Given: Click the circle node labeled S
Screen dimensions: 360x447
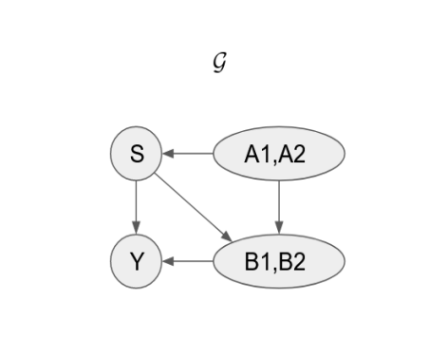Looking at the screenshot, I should coord(138,153).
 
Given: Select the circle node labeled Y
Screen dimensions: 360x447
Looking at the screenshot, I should coord(138,258).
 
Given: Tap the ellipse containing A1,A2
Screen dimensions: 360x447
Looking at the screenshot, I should coord(277,153).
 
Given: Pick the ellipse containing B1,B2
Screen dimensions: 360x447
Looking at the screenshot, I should coord(277,258).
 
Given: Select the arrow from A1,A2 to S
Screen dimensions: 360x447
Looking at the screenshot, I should coord(190,153).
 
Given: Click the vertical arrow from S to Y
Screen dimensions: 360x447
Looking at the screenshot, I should coord(138,205).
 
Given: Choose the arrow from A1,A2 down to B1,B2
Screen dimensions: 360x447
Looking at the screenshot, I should coord(277,205).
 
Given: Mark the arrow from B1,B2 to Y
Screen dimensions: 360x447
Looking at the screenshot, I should coord(190,258).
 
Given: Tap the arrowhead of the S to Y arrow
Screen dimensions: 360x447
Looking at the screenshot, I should coord(138,228).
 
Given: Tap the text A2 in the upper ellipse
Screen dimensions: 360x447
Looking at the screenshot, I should coord(294,154).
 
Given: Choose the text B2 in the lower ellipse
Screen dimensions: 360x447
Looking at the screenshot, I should coord(295,259).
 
